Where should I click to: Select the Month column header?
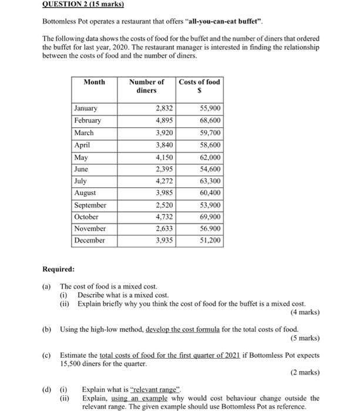94,82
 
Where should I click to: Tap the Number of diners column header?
146,86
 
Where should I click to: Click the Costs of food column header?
200,86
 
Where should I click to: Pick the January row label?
86,108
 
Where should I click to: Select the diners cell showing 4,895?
164,120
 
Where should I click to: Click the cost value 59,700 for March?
210,133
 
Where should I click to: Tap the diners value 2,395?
164,169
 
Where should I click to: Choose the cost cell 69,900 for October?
210,217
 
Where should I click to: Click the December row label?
89,240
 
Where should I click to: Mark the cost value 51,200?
210,240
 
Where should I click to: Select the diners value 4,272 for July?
164,181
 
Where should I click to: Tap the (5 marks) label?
304,338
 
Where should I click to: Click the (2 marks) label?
304,372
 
